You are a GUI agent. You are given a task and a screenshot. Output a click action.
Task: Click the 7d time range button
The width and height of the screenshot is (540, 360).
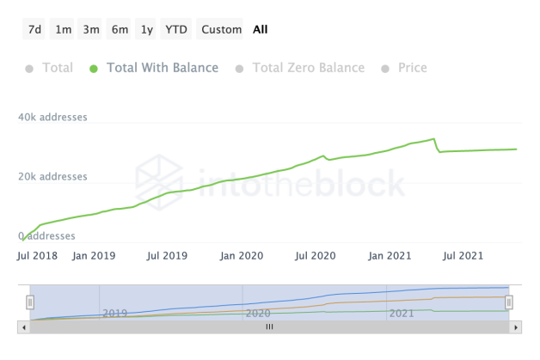coord(34,29)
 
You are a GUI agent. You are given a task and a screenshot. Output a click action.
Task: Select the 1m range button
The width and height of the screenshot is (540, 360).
coord(63,29)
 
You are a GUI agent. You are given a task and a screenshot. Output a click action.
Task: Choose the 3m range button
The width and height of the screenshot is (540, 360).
coord(91,29)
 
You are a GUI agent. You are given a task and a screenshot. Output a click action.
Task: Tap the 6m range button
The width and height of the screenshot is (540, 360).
coord(120,29)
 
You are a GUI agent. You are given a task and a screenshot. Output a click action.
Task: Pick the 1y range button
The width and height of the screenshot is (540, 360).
coord(147,29)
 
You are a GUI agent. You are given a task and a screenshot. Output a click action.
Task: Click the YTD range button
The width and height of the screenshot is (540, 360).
coord(176,29)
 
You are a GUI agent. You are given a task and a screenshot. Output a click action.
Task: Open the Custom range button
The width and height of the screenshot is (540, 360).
coord(221,29)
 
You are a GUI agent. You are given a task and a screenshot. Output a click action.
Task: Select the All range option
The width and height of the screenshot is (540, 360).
coord(261,29)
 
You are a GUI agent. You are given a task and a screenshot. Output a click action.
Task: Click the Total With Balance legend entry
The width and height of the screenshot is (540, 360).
coord(162,68)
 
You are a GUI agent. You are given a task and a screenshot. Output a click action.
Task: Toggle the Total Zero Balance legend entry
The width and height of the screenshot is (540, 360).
coord(308,68)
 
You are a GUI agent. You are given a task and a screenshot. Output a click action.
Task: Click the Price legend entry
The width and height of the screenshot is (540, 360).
coord(412,68)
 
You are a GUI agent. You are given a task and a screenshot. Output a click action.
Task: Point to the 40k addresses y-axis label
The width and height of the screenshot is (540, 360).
coord(52,117)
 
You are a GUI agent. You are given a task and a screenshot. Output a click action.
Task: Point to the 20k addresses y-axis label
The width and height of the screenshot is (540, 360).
coord(52,177)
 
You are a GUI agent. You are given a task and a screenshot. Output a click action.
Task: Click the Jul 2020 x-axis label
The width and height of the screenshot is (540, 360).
coord(313,255)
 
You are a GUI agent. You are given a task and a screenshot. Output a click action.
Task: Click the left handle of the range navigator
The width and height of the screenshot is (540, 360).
coord(30,302)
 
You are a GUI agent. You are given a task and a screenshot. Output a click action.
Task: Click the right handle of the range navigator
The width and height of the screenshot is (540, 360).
coord(509,302)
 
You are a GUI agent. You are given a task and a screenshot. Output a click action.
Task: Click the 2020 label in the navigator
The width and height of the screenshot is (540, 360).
coord(258,314)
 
